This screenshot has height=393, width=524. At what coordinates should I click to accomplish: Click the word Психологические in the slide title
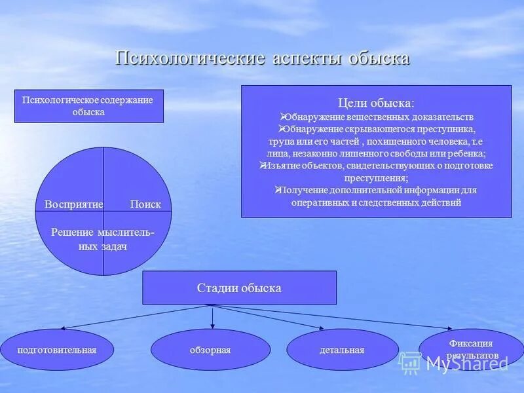point(189,58)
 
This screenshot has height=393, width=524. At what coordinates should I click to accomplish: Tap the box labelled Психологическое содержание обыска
point(88,106)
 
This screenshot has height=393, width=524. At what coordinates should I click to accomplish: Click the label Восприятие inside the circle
point(73,204)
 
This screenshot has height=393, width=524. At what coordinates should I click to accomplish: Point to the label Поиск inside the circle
point(145,204)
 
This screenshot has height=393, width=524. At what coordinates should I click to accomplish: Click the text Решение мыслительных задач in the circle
point(103,240)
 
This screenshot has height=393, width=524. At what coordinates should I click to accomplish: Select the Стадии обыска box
point(239,288)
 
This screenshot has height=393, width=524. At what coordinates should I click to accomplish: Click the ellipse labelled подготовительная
point(57,350)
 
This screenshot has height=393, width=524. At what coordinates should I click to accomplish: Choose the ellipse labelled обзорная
point(210,350)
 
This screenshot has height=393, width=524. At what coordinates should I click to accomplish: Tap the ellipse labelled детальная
point(342,350)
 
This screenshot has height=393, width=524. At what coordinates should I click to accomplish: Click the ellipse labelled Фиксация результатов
point(470,349)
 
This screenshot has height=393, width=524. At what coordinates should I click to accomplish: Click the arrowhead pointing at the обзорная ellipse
point(213,326)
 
